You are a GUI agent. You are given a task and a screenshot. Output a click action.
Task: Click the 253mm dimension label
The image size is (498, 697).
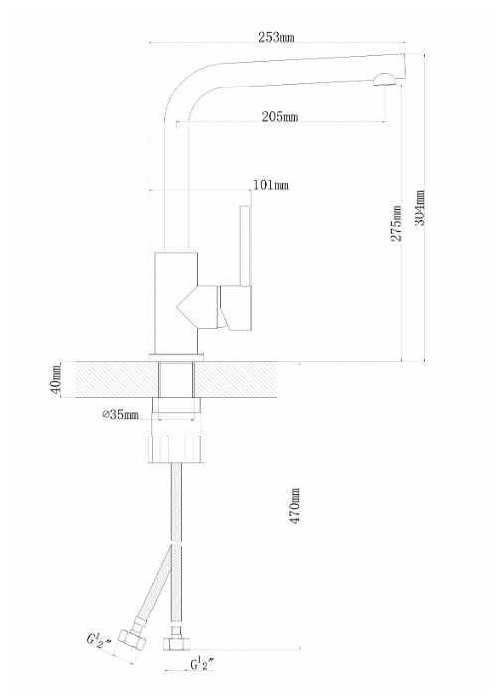coord(276,38)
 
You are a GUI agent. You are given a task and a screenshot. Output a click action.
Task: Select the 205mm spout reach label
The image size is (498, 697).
coord(280,117)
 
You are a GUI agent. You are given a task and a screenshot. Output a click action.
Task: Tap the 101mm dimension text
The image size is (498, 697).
coord(271,185)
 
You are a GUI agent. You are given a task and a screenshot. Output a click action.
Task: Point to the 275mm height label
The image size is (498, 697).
coord(396,223)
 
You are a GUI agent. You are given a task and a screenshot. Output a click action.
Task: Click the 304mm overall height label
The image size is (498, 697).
coord(419,208)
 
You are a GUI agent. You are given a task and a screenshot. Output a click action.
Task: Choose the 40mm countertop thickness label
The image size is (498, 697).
coord(56,378)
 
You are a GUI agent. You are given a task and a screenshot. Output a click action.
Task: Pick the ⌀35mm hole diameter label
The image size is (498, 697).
coord(121,415)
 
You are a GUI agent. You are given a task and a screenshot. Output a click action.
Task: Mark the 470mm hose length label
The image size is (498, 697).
coord(295,506)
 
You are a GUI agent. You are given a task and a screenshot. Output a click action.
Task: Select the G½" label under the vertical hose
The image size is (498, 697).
coord(203,664)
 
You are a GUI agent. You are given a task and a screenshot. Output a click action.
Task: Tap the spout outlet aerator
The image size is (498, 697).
coord(384,79)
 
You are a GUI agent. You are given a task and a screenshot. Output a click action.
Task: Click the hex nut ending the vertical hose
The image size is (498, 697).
coord(177,644)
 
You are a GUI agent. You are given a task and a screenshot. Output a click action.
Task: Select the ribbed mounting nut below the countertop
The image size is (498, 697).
coord(176,449)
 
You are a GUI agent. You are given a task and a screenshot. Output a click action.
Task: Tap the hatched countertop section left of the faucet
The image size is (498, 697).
coord(116,379)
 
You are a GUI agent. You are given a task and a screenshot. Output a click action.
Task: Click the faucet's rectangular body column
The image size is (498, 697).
coord(176,302)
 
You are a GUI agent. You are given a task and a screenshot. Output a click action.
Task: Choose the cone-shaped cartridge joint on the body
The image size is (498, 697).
coord(197,307)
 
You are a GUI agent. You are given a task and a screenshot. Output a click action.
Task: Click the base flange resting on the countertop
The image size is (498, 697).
coord(176,356)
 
